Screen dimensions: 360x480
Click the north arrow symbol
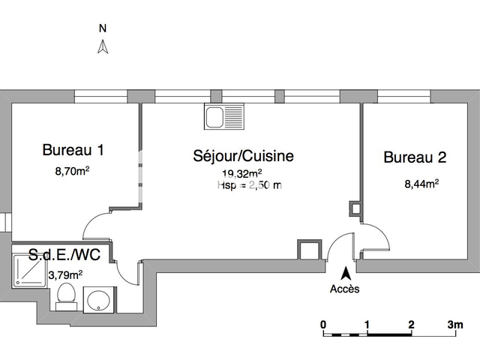104,47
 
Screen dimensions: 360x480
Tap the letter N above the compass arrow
103,28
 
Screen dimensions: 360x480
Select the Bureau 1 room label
73,150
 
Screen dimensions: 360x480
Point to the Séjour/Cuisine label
244,157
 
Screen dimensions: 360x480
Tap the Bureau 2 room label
415,157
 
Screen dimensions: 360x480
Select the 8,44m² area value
421,181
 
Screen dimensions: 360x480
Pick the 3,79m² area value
64,274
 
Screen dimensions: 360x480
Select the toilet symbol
65,295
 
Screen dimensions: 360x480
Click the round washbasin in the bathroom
98,301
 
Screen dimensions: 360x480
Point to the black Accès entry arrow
345,274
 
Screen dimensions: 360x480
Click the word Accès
345,289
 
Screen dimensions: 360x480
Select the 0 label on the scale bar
323,325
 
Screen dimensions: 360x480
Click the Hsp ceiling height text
249,185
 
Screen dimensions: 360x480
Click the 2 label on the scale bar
411,325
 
